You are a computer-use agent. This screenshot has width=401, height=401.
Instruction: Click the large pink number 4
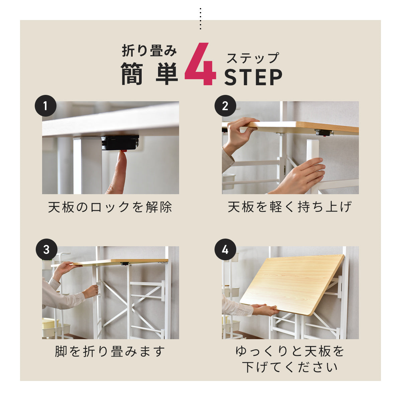tap(200, 64)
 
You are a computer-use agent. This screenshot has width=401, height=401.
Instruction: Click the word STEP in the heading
tap(253, 77)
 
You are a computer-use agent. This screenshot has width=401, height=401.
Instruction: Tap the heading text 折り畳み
tap(149, 51)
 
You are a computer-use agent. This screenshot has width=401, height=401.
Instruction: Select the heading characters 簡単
tap(149, 74)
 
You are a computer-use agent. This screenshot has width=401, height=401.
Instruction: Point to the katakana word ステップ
tap(253, 58)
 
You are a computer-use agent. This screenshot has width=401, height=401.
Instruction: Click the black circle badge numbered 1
tap(45, 106)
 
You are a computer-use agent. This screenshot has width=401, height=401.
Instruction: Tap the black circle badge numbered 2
tap(225, 106)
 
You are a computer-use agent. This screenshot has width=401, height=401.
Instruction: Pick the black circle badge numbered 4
tap(225, 250)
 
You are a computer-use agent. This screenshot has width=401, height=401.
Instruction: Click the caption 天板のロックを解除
tap(110, 207)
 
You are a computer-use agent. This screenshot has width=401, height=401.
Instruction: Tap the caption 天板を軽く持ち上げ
tap(290, 207)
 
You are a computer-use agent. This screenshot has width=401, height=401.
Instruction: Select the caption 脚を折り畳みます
tap(110, 352)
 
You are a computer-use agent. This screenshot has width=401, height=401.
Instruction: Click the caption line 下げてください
tap(290, 367)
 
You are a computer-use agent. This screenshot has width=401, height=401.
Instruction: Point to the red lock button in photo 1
tap(124, 151)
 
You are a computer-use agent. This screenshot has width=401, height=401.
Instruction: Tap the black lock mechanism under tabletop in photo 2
tap(323, 133)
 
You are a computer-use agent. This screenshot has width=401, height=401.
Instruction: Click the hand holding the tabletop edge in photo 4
tap(266, 309)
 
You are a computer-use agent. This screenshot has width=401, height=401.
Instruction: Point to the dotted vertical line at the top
tap(200, 19)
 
